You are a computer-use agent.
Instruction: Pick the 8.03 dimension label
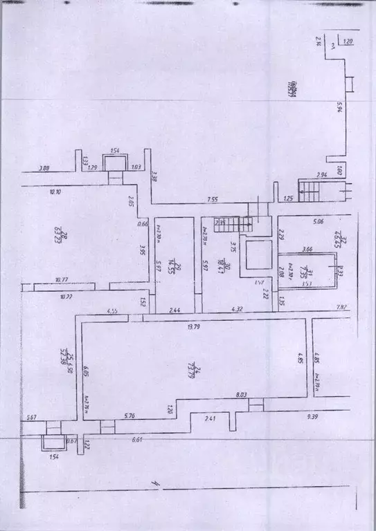click(241, 395)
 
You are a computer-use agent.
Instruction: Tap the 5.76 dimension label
click(131, 416)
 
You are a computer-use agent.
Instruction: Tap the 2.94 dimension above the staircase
click(321, 176)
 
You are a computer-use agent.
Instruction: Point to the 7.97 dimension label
click(340, 307)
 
